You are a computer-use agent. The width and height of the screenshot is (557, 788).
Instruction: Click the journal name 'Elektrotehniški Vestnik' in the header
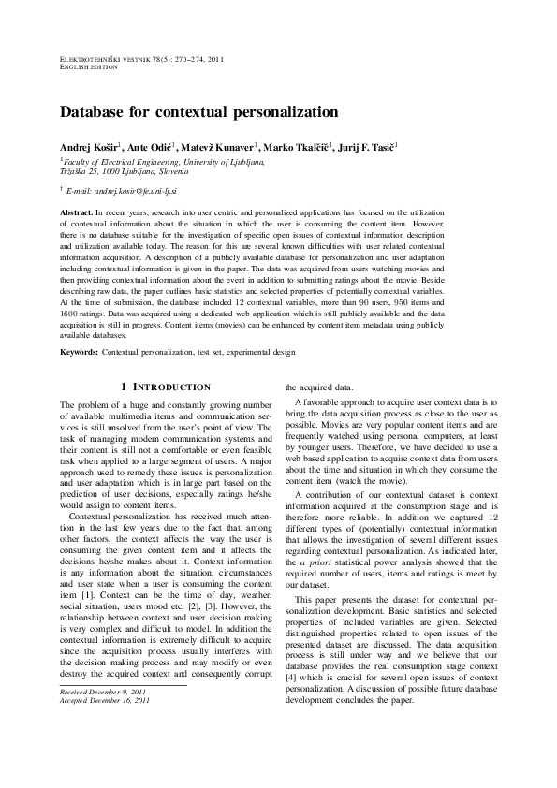click(x=112, y=59)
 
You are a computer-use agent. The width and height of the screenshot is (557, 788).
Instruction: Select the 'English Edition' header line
click(x=89, y=67)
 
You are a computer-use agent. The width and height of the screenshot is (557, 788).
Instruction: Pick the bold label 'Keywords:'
click(x=80, y=352)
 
